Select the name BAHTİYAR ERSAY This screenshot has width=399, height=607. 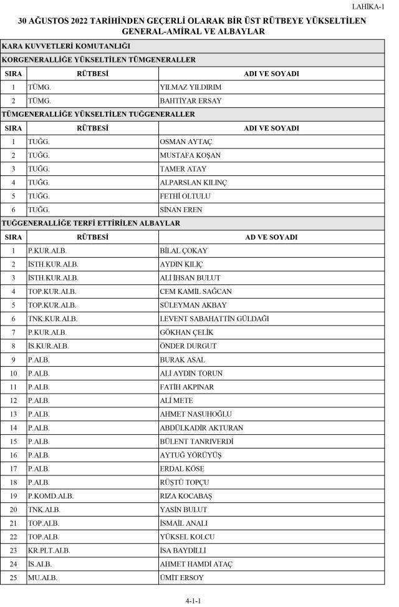pos(191,101)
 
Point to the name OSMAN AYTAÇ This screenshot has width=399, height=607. pos(186,142)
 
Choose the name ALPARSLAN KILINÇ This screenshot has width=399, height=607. pos(193,183)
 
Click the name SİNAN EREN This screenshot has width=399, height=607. pos(181,210)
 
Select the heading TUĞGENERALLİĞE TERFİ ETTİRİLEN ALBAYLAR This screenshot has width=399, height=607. pos(91,223)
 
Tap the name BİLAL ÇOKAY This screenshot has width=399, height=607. pos(184,251)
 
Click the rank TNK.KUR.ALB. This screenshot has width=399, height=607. pos(52,319)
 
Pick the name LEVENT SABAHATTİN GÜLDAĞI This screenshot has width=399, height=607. pos(214,319)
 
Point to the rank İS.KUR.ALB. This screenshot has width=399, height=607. pos(48,346)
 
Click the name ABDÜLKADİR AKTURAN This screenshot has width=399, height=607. pos(201,428)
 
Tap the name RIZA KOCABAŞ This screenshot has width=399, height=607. pos(186,496)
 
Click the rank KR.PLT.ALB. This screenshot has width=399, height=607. pos(49,551)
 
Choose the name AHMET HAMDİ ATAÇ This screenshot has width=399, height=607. pos(196,565)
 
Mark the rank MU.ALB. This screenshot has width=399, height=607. pos(42,578)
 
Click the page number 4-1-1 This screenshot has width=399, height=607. pos(193,601)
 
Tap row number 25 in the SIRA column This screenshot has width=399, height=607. pos(13,578)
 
